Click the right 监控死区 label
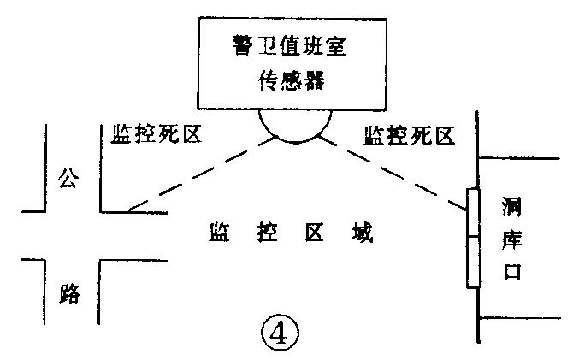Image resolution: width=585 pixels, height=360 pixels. pyautogui.click(x=408, y=134)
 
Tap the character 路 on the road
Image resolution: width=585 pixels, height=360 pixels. pyautogui.click(x=69, y=292)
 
